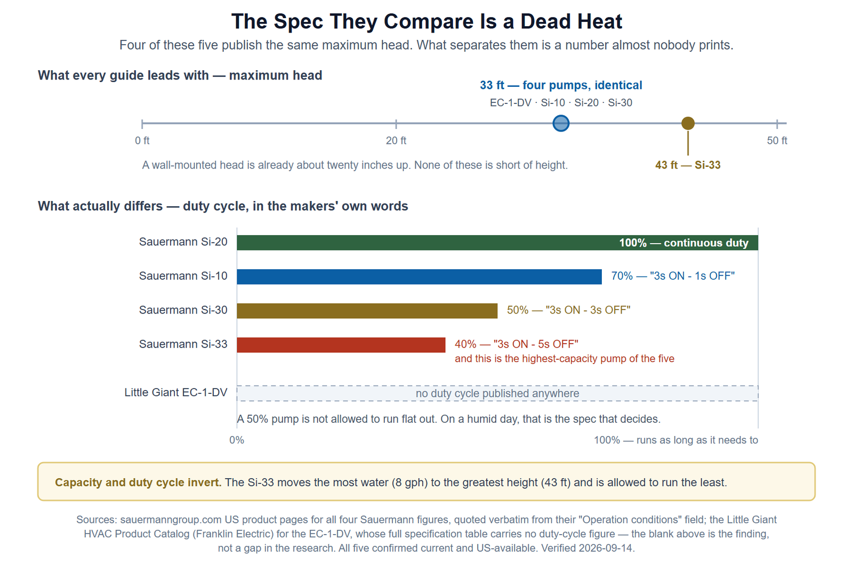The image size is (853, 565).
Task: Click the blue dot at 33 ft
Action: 561,123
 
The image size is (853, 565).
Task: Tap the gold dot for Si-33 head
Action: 688,123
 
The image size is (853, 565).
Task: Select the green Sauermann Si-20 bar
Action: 497,243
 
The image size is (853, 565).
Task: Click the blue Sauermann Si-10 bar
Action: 419,277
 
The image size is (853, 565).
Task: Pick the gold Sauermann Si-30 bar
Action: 367,311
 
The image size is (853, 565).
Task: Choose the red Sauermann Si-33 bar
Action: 341,345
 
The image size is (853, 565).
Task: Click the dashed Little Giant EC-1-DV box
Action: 497,393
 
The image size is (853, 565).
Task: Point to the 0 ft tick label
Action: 142,141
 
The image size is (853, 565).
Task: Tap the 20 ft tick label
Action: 396,141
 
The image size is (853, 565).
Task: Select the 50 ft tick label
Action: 777,141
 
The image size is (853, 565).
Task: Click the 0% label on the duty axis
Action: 237,440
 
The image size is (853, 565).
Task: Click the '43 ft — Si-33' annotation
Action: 688,165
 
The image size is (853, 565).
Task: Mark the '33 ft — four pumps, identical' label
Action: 561,85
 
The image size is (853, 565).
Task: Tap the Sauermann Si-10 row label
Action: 183,276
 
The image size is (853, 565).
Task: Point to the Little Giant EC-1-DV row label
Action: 176,392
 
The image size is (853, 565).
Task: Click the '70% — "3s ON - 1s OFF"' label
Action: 673,276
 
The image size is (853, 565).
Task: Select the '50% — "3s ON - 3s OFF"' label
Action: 568,310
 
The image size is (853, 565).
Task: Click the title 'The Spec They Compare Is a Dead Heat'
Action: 426,21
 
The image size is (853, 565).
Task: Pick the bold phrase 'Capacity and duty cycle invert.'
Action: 138,482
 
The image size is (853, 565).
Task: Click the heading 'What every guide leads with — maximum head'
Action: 180,75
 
